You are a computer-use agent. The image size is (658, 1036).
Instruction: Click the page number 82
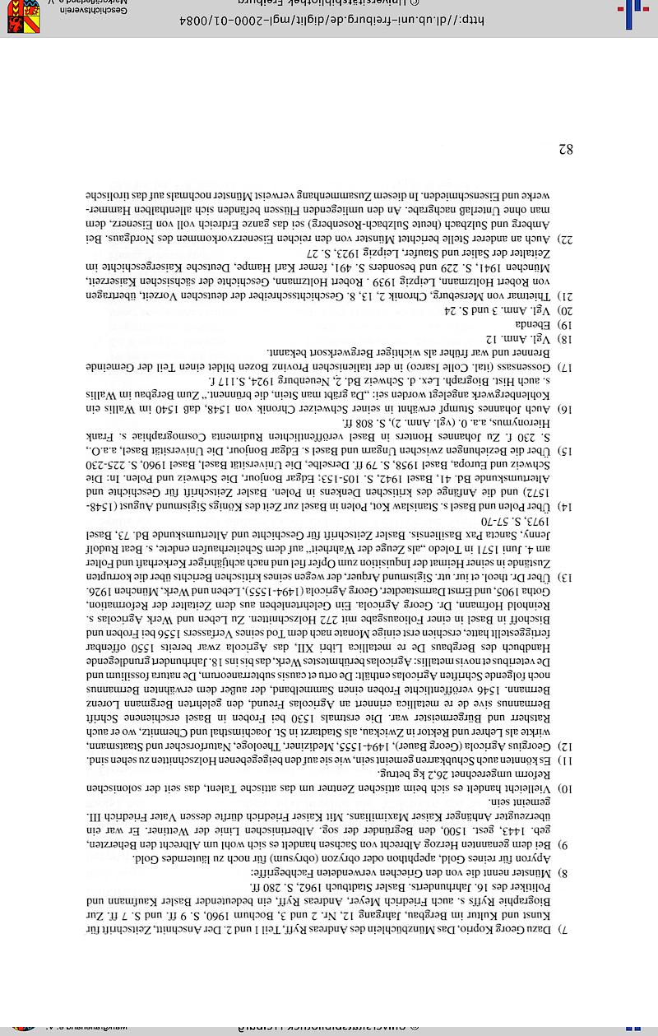coord(565,150)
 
